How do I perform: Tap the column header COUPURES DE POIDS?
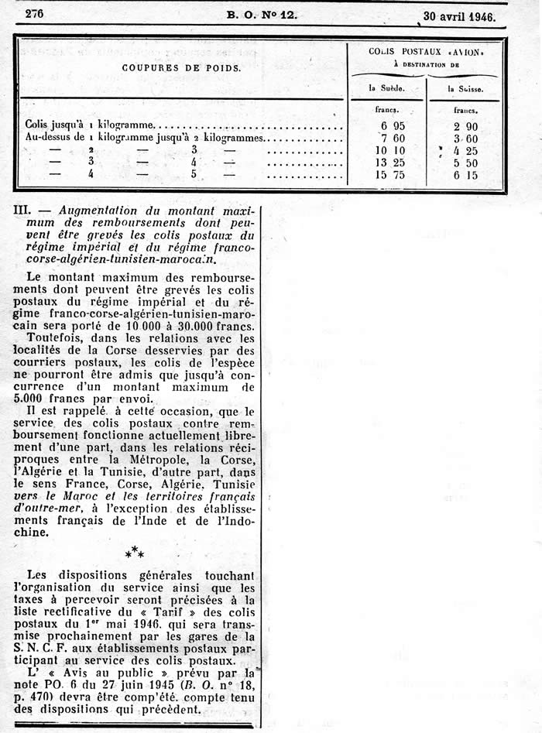pos(181,67)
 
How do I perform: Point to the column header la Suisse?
pos(465,89)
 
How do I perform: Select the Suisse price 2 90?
pos(466,125)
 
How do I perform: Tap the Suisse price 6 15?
pos(466,175)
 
